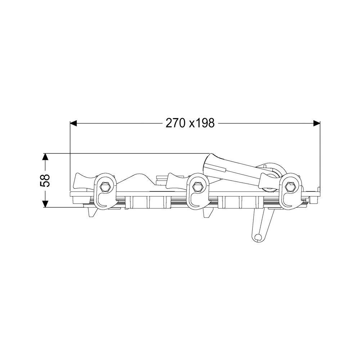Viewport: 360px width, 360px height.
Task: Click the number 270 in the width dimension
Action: point(175,123)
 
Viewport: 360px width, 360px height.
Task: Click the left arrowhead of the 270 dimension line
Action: point(73,123)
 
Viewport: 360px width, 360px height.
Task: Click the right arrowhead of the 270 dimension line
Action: point(316,123)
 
